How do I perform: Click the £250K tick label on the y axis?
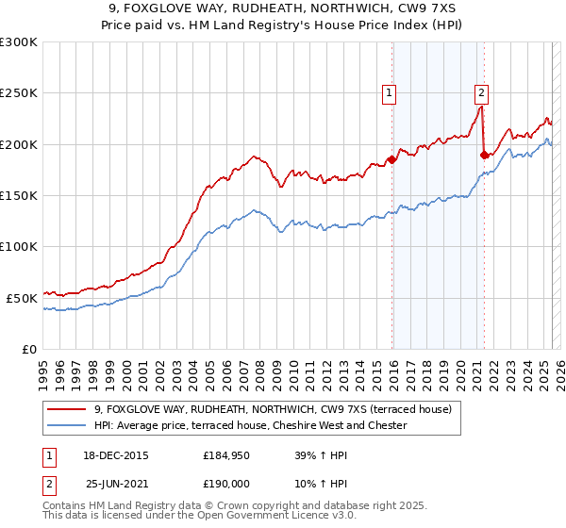click(19, 93)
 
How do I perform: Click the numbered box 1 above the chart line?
click(389, 92)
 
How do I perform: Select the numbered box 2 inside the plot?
click(481, 92)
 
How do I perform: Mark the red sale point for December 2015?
click(391, 159)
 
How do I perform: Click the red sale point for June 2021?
click(484, 155)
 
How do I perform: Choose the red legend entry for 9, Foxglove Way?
click(273, 409)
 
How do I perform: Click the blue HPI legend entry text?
click(250, 426)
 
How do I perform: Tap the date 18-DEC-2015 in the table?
click(117, 454)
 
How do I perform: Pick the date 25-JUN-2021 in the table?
click(117, 485)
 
